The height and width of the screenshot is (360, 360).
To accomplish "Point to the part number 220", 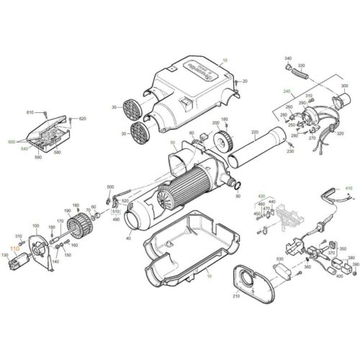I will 253,132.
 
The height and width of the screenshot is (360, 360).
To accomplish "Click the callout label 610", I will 30,113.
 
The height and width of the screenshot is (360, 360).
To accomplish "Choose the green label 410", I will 349,188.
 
